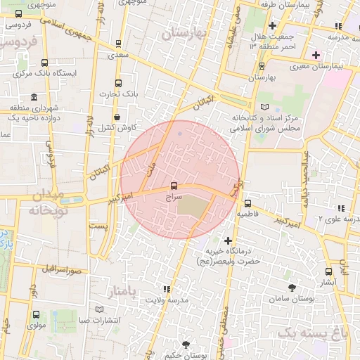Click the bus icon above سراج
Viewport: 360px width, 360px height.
[x=174, y=186]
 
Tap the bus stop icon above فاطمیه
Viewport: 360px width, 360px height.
[x=247, y=203]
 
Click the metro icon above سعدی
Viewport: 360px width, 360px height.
[x=118, y=42]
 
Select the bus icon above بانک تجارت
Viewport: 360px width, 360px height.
[x=118, y=82]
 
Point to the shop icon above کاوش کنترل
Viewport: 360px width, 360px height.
[x=116, y=117]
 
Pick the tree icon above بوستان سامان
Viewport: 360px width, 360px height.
[x=292, y=287]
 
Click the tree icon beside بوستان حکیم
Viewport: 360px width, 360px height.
[x=185, y=344]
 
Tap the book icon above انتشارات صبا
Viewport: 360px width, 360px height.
[x=99, y=309]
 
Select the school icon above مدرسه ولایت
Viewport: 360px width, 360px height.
[x=167, y=289]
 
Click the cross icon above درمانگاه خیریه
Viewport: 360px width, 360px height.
[x=227, y=240]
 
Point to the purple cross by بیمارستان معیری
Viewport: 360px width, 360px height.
[x=316, y=54]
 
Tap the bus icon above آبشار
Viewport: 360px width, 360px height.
[x=328, y=271]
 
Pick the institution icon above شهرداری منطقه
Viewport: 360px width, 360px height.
[x=34, y=97]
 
